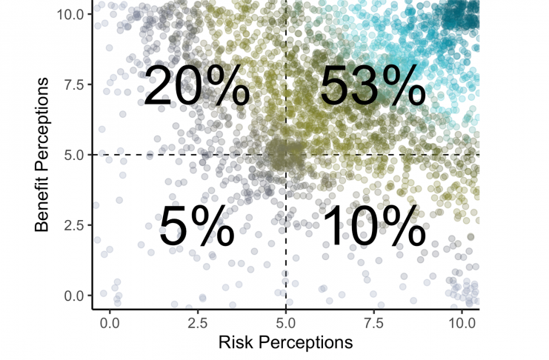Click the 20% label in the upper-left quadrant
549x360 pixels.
pos(196,87)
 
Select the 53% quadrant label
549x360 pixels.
pos(373,87)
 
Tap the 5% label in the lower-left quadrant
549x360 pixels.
pos(197,227)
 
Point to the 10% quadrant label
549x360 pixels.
pos(373,227)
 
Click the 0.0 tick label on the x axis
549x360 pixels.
pos(110,323)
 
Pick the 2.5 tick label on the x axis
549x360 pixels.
pos(198,323)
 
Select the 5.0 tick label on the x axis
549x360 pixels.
pos(286,323)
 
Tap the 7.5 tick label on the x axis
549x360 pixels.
pos(374,323)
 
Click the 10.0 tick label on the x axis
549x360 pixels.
pos(462,323)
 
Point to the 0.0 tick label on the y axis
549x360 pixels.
pos(74,296)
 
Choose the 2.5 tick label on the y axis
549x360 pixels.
pos(74,225)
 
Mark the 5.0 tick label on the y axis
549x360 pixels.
pos(74,155)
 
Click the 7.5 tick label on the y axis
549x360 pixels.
pos(74,84)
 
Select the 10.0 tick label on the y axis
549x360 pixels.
pos(71,14)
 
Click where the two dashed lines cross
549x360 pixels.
pos(286,155)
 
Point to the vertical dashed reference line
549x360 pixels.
pos(286,244)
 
